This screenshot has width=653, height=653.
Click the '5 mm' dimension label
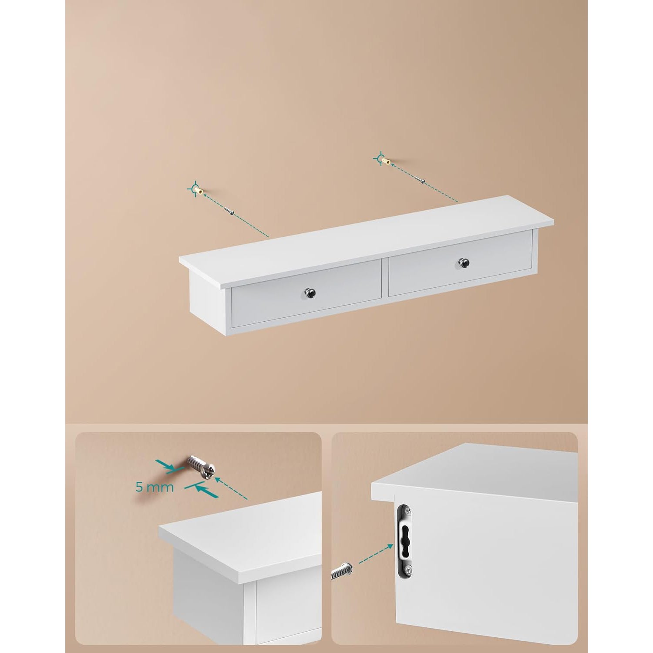tap(155, 487)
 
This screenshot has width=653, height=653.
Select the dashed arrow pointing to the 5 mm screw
tap(232, 488)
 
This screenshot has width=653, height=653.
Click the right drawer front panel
tap(461, 263)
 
